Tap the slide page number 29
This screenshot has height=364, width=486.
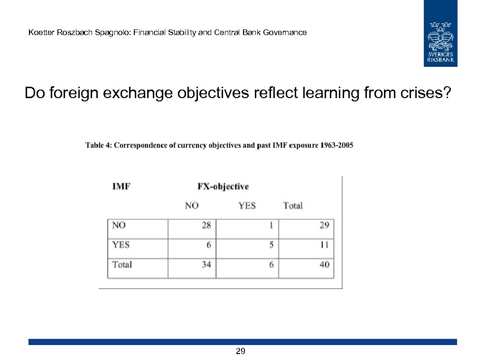coord(241,351)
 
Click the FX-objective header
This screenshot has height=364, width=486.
coord(223,186)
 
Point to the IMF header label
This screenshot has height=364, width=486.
coord(121,186)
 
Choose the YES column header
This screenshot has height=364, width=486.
coord(247,206)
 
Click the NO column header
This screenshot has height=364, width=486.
coord(192,206)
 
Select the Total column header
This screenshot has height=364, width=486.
coord(293,206)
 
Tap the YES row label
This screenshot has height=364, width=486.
coord(121,245)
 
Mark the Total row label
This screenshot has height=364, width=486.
coord(122,264)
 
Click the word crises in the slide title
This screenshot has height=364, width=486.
coord(426,93)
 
